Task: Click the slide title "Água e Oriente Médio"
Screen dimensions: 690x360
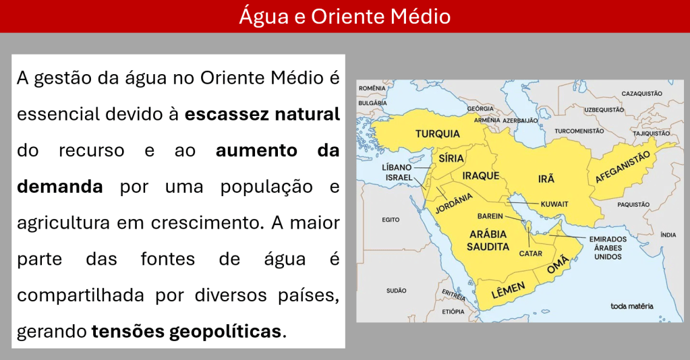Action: tap(345, 16)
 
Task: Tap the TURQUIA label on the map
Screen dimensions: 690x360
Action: tap(438, 133)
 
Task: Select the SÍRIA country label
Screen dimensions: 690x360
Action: tap(451, 158)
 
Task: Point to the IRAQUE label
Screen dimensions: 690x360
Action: tap(480, 176)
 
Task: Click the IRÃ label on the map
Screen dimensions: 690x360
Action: tap(546, 179)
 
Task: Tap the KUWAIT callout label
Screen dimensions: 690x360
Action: tap(554, 204)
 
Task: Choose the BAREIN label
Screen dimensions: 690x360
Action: tap(490, 216)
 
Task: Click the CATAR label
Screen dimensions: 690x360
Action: tap(531, 253)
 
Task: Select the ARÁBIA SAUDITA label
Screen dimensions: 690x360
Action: tap(488, 240)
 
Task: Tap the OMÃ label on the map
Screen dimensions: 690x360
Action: tap(558, 265)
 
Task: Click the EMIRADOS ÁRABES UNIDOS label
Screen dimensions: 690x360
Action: tap(608, 248)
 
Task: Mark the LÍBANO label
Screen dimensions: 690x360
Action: tap(397, 167)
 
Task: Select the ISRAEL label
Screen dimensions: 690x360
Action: tap(399, 177)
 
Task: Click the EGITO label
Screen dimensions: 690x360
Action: tap(391, 220)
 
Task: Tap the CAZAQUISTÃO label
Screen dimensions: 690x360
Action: tap(641, 94)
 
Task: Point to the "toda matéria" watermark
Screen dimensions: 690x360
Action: tap(632, 306)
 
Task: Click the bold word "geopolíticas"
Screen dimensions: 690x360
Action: tap(225, 332)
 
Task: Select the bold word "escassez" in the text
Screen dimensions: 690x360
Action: tap(226, 115)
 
